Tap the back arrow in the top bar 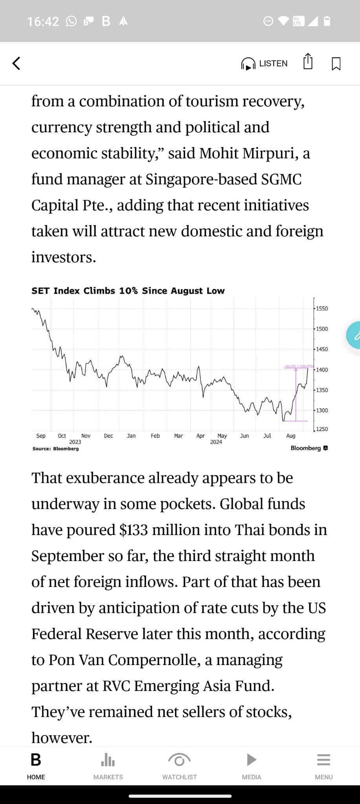point(16,63)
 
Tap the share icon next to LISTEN point(308,62)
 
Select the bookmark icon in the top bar point(336,64)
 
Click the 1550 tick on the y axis point(322,309)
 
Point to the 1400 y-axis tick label point(322,370)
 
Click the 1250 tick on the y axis point(322,429)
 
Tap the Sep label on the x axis point(41,436)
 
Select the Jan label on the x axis point(131,436)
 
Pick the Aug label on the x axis point(291,436)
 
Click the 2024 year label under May point(216,442)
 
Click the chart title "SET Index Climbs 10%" point(128,291)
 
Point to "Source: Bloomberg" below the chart point(55,449)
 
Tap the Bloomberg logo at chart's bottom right point(309,448)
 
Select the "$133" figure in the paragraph point(133,530)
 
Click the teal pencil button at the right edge point(355,335)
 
